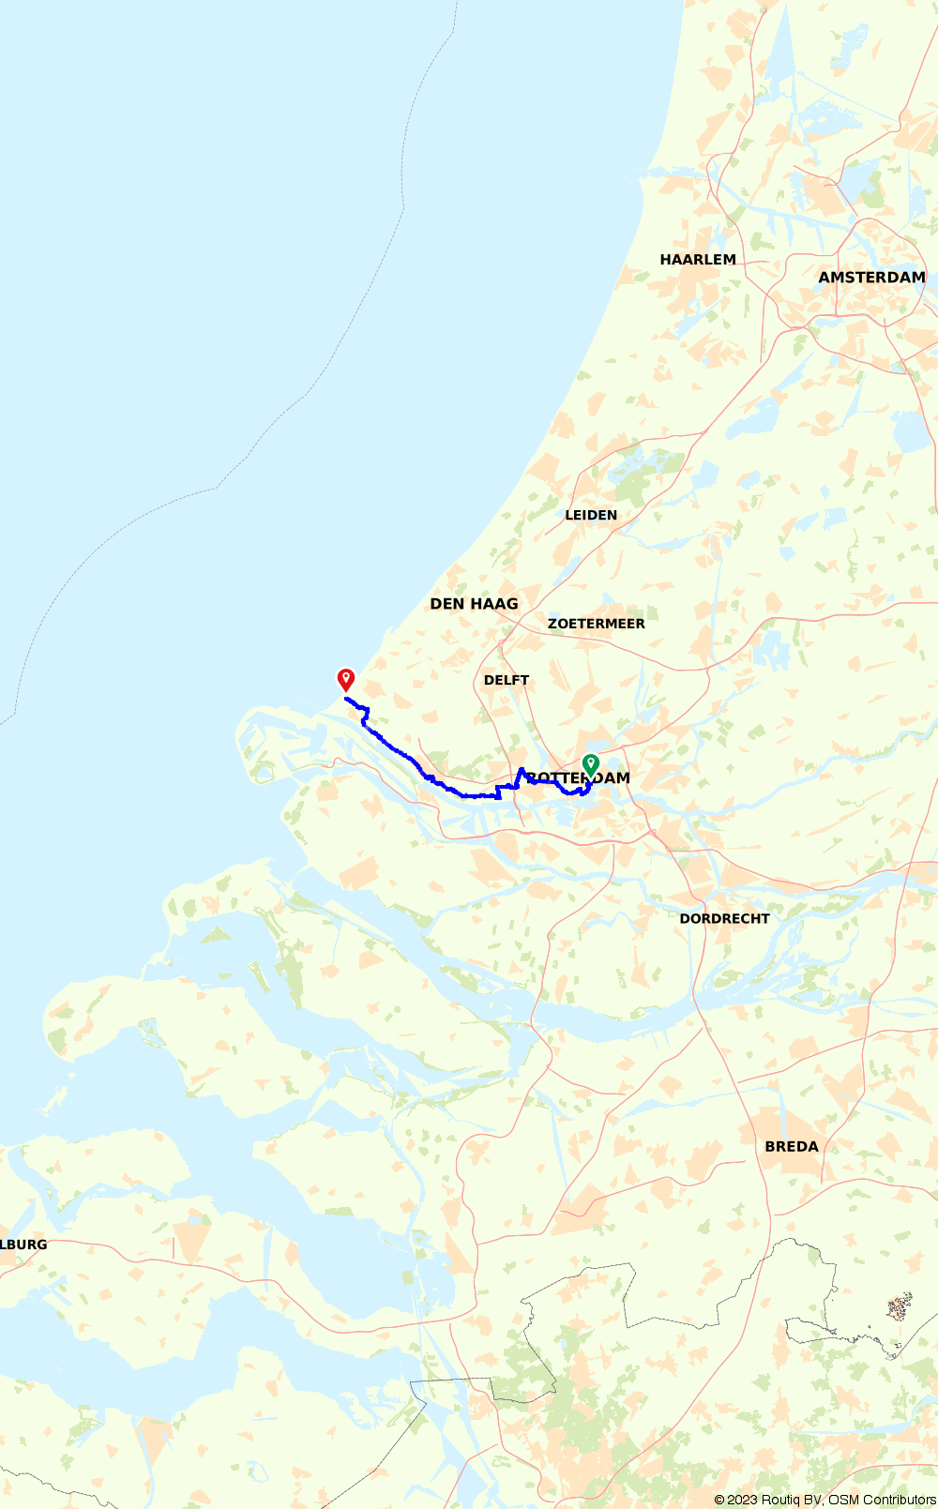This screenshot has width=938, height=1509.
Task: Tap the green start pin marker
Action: point(590,764)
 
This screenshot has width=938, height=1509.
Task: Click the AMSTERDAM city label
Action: point(871,278)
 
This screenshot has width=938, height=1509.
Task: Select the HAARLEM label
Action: point(698,260)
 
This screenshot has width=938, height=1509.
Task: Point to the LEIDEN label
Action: point(591,515)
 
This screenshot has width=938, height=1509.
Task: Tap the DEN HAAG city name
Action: point(474,604)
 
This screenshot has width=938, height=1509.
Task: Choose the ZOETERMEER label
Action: point(597,624)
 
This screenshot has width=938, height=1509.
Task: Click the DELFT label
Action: point(507,680)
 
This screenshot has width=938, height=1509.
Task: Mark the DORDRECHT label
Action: point(724,919)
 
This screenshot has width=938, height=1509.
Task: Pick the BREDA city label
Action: point(792,1147)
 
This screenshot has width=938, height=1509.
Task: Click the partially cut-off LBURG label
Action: point(23,1245)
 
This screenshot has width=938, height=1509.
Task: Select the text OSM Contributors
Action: point(882,1500)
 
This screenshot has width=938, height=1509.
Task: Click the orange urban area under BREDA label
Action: point(788,1168)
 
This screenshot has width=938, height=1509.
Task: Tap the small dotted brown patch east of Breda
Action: point(900,1305)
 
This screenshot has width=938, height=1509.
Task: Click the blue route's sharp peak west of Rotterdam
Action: point(521,770)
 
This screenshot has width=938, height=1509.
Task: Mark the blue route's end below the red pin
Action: point(346,699)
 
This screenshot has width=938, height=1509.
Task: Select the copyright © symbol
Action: point(719,1500)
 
